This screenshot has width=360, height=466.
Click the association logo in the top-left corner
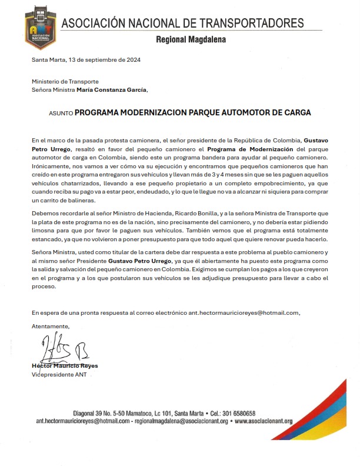click(40, 29)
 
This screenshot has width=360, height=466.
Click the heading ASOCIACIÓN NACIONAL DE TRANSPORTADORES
click(183, 24)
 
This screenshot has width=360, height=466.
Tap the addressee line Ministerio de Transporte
click(65, 81)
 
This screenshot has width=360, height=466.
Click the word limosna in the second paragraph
click(45, 231)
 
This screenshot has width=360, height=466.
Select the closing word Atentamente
click(51, 325)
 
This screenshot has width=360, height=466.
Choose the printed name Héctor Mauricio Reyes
click(65, 366)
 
